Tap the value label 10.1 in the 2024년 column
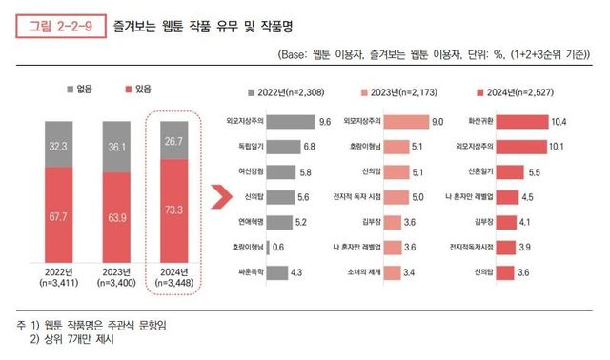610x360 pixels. (x=559, y=147)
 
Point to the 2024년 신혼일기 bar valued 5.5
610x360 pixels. (x=504, y=171)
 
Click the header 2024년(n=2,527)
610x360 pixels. (x=518, y=92)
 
